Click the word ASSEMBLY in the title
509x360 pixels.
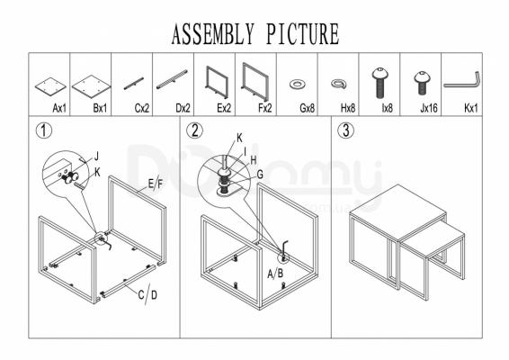click(x=212, y=34)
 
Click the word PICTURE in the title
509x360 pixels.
click(x=303, y=34)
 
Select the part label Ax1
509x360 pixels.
click(x=59, y=108)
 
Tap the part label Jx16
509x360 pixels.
click(x=429, y=108)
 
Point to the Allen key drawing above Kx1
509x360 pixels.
click(x=462, y=85)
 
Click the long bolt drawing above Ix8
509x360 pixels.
click(x=380, y=83)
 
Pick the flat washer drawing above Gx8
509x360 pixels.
click(x=297, y=85)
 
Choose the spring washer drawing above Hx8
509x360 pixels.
click(x=338, y=85)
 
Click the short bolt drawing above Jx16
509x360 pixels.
click(x=422, y=83)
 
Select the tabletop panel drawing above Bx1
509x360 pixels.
click(x=91, y=85)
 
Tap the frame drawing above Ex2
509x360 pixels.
click(x=217, y=83)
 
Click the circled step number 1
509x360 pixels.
click(x=43, y=130)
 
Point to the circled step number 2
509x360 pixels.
click(x=195, y=130)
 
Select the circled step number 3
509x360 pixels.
click(x=346, y=130)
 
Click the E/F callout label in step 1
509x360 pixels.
click(x=156, y=184)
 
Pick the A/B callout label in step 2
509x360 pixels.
click(x=275, y=274)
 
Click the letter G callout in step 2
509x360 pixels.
click(x=260, y=175)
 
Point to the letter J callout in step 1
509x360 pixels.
click(x=96, y=157)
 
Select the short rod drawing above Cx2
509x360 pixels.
click(x=134, y=84)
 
